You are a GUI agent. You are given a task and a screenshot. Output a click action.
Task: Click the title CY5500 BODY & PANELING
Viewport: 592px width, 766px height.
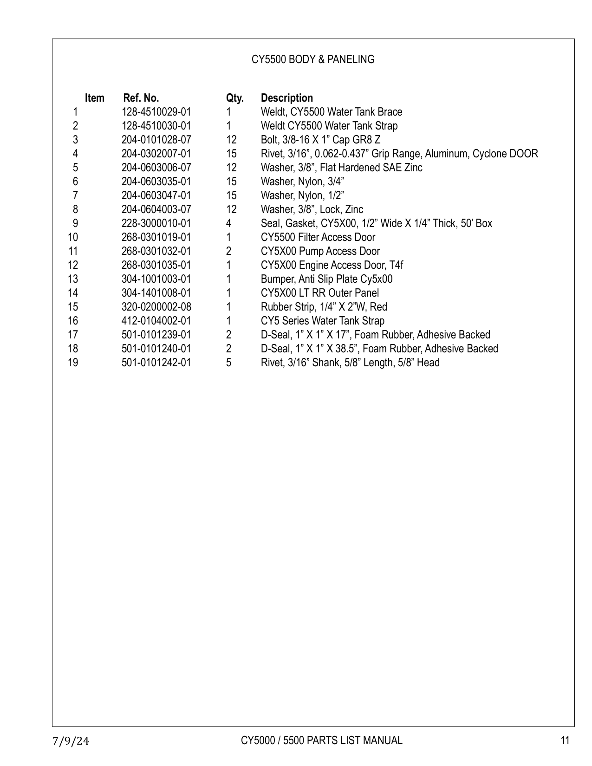pos(312,59)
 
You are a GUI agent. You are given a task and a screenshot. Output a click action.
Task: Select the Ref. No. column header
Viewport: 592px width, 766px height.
pos(141,98)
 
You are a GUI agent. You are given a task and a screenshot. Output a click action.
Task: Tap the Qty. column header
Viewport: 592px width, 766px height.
pos(234,98)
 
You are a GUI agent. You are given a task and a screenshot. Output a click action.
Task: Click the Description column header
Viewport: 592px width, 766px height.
pos(286,98)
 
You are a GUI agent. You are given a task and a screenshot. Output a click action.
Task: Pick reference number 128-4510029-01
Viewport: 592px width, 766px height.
pos(156,112)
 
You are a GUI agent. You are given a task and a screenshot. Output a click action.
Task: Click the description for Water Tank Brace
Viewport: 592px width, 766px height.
pos(331,112)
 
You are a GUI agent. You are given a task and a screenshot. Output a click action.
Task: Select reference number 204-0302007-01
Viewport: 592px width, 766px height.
pos(156,154)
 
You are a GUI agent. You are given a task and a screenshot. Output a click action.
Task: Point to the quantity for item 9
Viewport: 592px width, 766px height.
pos(228,223)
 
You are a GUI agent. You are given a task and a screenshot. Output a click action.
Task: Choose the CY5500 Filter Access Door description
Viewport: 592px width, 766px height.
pos(318,237)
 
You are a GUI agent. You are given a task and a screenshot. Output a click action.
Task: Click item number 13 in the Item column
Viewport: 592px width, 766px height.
pos(73,279)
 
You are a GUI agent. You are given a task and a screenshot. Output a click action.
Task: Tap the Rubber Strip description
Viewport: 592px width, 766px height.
pos(324,307)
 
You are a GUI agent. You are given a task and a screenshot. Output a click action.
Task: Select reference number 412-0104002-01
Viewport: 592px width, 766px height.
pos(156,321)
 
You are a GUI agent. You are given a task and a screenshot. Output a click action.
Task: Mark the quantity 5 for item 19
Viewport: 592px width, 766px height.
pos(228,363)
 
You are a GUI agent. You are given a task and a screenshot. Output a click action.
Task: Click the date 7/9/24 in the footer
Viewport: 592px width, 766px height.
pos(71,741)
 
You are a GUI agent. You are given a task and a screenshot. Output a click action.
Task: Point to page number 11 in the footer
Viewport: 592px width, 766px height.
pos(565,740)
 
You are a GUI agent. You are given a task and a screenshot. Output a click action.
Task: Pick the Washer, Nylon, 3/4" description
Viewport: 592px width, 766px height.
pos(302,182)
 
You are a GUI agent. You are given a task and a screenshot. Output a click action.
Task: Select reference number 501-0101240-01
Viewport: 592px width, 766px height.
pos(156,349)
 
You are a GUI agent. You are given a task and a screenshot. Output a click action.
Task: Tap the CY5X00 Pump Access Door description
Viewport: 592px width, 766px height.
pos(320,251)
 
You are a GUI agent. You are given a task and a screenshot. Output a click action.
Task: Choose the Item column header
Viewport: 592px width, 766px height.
pos(94,98)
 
